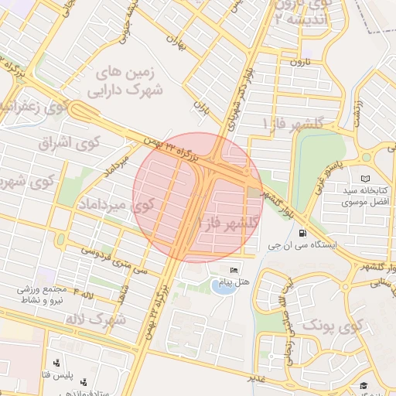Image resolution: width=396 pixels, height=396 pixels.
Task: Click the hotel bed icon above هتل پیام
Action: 234,270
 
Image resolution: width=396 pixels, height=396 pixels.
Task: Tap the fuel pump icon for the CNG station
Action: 300,232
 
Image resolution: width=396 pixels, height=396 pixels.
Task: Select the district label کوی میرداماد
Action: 116,205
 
